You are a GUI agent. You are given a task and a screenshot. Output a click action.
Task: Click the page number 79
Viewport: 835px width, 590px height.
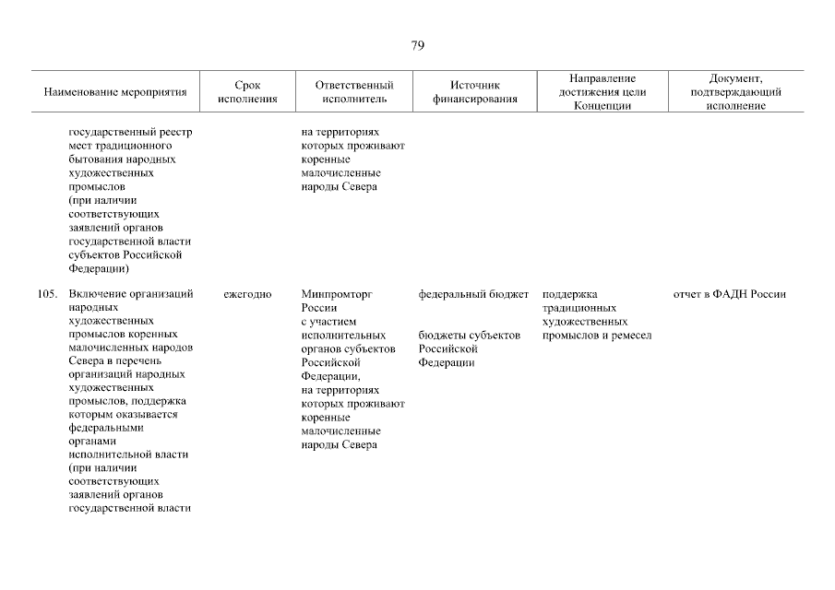(417, 46)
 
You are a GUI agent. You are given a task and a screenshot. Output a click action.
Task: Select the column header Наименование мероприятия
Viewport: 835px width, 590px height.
(115, 92)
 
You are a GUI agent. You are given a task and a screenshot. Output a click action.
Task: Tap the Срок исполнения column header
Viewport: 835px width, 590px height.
(247, 92)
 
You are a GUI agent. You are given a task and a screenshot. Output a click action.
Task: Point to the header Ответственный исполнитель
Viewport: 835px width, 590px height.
(354, 92)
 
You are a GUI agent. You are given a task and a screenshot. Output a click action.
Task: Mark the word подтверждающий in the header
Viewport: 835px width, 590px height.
(736, 92)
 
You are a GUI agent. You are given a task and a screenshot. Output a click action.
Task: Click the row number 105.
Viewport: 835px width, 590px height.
(48, 295)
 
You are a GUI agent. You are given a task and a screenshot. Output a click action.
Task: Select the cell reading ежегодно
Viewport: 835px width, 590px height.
(247, 295)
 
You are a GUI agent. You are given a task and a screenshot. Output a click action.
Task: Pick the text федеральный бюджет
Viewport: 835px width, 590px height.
(473, 295)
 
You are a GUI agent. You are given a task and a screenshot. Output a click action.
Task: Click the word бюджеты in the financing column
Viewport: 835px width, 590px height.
(442, 336)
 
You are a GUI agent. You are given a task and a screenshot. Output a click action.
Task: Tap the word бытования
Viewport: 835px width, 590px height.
(95, 159)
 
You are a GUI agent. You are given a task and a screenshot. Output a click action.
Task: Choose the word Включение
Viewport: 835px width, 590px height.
(97, 295)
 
